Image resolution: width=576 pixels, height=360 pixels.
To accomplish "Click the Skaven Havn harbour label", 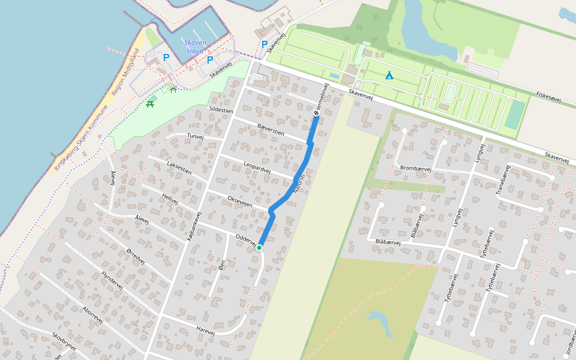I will pos(195,47).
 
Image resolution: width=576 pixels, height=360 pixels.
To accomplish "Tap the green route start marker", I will pos(260,247).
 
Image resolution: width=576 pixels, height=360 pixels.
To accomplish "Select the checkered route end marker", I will pos(316,113).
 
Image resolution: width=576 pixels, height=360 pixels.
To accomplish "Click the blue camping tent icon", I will pos(389,76).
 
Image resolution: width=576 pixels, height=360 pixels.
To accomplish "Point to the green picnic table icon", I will pos(150,104).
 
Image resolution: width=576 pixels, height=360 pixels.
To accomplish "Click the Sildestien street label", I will pos(220,110).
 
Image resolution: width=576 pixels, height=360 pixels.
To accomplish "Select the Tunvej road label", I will pos(196,137).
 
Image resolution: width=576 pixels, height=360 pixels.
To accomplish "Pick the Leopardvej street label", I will pos(257,167).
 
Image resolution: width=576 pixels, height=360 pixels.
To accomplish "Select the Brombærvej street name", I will pos(415,169).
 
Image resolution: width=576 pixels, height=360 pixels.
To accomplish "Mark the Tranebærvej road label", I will pos(502,179).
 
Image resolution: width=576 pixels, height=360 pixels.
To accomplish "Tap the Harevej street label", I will pos(205,329).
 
